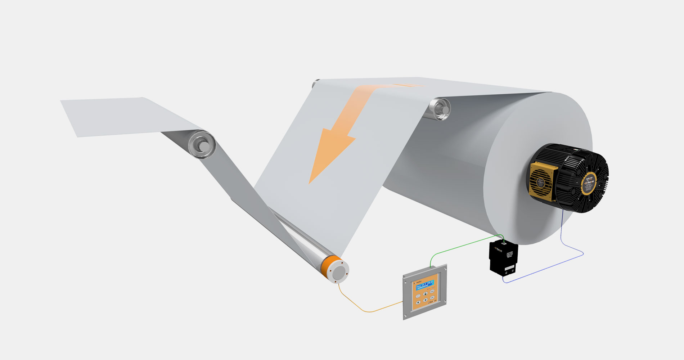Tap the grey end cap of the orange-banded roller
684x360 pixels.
[x=340, y=274]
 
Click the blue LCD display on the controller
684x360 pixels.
[x=425, y=285]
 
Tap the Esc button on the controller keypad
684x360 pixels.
[x=432, y=291]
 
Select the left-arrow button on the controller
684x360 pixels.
[x=418, y=302]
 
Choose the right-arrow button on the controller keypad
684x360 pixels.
[x=426, y=300]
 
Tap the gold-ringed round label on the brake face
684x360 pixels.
[x=589, y=183]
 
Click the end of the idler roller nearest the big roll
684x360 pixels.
[x=441, y=107]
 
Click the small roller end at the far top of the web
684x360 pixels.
[x=316, y=83]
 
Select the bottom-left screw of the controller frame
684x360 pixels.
[x=405, y=316]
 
